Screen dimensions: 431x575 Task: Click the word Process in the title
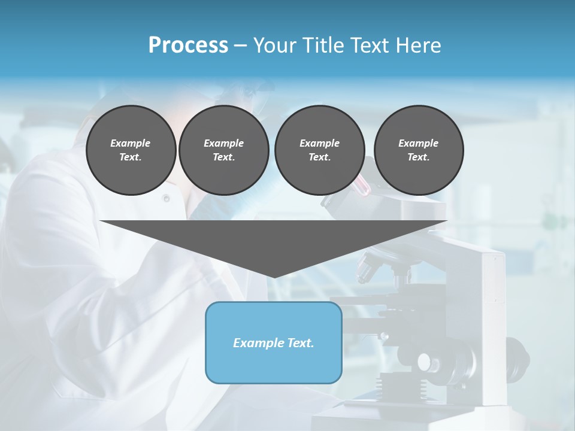[x=188, y=45]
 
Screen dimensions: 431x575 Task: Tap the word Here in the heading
[x=417, y=45]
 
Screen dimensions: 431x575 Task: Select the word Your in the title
[x=275, y=45]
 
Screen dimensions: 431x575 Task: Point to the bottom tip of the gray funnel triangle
[x=274, y=276]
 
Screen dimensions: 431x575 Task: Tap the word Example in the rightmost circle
[x=419, y=143]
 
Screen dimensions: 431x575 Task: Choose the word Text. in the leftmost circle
[x=131, y=157]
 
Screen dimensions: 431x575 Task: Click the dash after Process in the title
[x=240, y=45]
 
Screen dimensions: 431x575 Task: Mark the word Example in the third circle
[x=319, y=143]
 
